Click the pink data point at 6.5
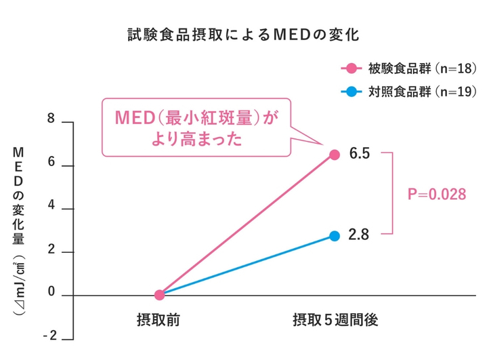334,155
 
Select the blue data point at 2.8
334,236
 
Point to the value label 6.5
359,155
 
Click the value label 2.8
359,236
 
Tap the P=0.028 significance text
436,195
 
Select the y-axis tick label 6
50,165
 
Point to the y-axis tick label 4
50,208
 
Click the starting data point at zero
159,295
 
